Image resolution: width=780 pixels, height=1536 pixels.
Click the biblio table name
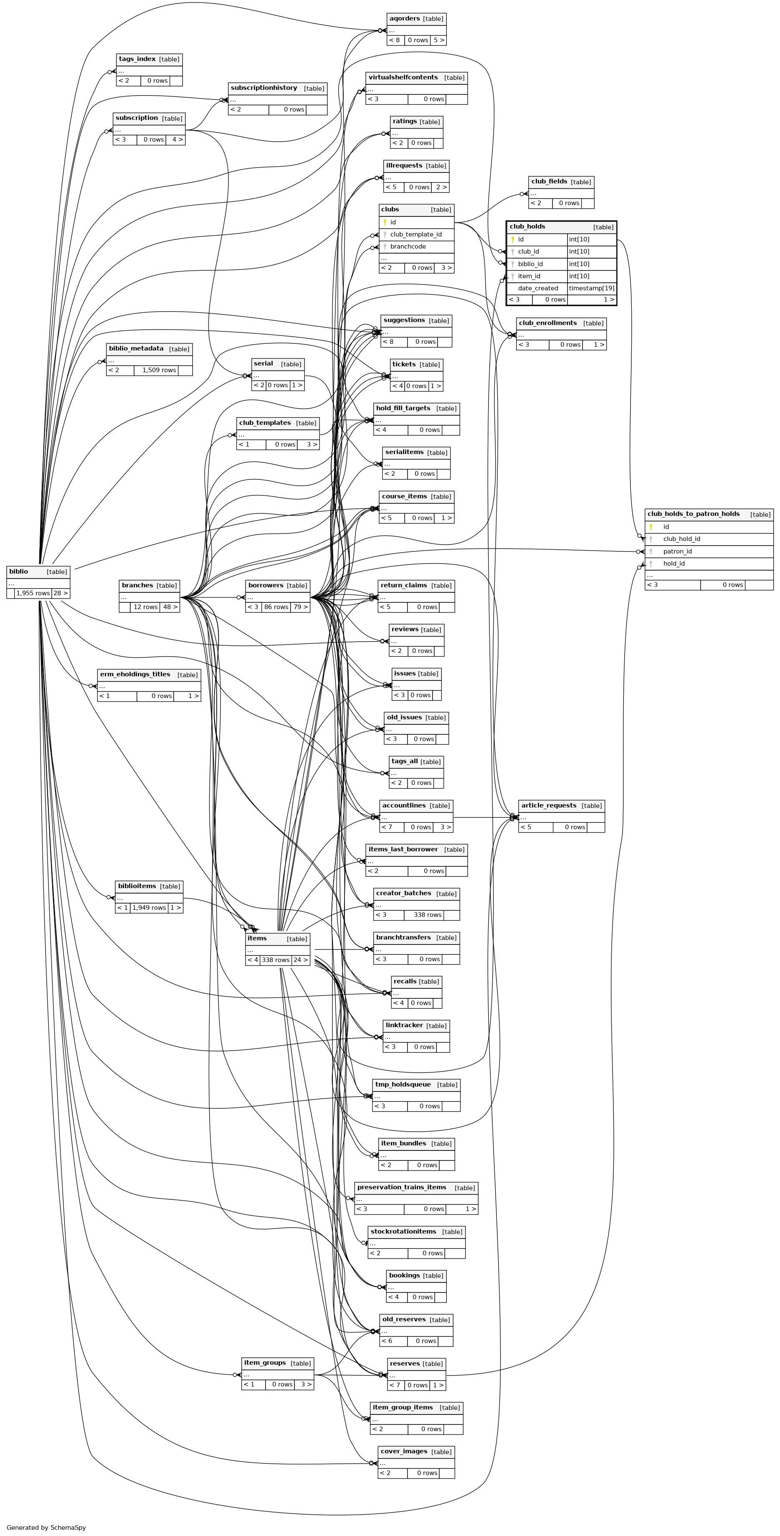(x=18, y=571)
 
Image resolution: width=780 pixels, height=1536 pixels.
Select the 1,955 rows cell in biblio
(x=33, y=593)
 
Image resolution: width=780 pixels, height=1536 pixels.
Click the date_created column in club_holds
(x=538, y=288)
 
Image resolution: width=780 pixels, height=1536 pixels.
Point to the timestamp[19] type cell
(x=591, y=288)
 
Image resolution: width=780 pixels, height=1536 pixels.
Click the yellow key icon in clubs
(x=385, y=222)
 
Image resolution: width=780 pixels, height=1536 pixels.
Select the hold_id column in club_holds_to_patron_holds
(x=674, y=564)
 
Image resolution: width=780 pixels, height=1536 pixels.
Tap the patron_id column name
(x=677, y=551)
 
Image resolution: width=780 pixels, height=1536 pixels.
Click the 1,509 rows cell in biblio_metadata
(x=159, y=370)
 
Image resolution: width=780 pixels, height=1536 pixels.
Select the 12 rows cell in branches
(x=145, y=607)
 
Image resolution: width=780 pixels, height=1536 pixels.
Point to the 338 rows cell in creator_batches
(x=424, y=915)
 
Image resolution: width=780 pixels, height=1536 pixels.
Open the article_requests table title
(x=548, y=805)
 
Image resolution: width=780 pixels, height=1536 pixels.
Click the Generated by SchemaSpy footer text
(x=46, y=1528)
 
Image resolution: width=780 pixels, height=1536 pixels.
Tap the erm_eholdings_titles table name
(x=135, y=674)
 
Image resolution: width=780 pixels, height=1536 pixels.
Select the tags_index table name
(x=137, y=59)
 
